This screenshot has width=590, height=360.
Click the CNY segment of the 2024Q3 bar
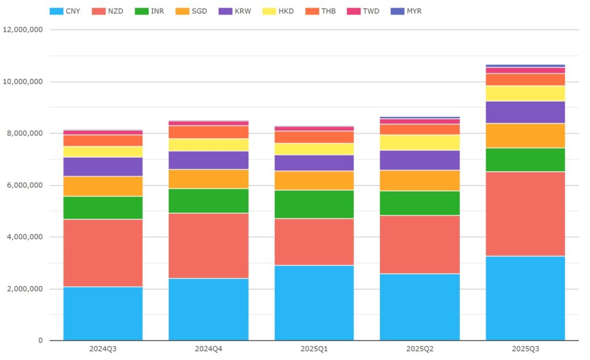tap(103, 313)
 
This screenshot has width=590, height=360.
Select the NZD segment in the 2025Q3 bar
tap(525, 214)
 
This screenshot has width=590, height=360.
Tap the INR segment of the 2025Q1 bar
tap(314, 204)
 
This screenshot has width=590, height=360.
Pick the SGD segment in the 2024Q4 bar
tap(209, 179)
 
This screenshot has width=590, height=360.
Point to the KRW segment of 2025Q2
tap(419, 160)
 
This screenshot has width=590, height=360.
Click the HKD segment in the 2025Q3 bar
tap(525, 93)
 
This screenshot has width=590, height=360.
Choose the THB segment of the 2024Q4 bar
tap(209, 132)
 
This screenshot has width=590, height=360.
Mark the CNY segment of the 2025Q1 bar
tap(314, 302)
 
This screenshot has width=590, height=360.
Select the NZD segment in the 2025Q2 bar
tap(419, 244)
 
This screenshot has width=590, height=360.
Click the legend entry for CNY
tap(65, 11)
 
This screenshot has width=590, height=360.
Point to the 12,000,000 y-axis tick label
tap(23, 30)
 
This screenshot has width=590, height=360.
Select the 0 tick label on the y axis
tap(40, 340)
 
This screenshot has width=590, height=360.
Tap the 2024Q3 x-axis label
tap(103, 349)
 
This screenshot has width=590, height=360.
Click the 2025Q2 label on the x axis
tap(419, 349)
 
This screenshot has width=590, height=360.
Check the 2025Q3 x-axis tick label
tap(525, 349)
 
